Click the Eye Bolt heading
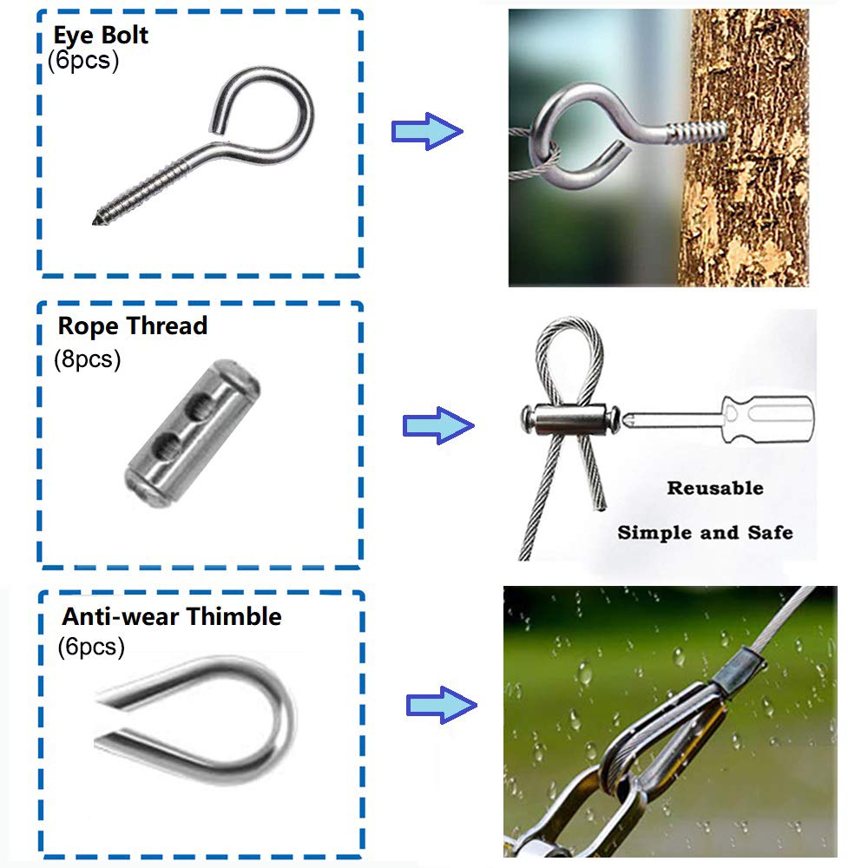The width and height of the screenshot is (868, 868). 101,36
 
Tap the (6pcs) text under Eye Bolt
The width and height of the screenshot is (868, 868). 83,62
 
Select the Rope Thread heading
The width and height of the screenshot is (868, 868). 133,326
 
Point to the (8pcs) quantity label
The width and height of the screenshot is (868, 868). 87,358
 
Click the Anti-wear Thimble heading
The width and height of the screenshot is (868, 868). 172,617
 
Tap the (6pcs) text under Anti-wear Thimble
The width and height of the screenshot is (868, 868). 91,647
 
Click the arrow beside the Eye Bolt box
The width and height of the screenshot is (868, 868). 426,132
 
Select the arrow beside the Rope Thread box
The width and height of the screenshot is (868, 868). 437,425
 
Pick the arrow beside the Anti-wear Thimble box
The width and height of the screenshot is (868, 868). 441,704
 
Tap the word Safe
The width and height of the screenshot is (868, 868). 768,532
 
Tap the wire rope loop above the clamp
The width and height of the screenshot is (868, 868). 569,356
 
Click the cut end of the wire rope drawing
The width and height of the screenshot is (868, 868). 598,509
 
